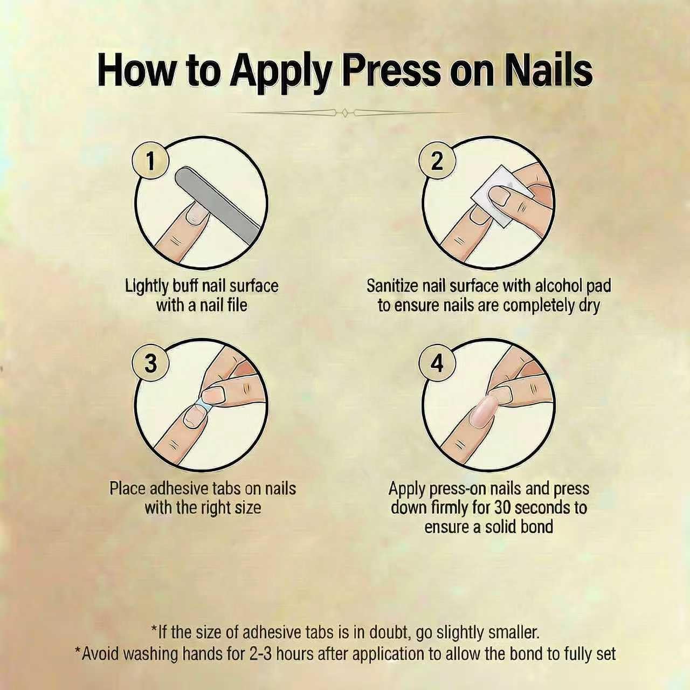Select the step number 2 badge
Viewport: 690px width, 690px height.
point(437,161)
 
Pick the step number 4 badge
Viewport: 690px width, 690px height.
point(437,364)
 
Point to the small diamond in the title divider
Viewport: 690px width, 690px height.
point(345,113)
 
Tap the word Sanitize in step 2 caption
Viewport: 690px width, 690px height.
point(392,286)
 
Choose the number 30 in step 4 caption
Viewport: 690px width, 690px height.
point(503,508)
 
